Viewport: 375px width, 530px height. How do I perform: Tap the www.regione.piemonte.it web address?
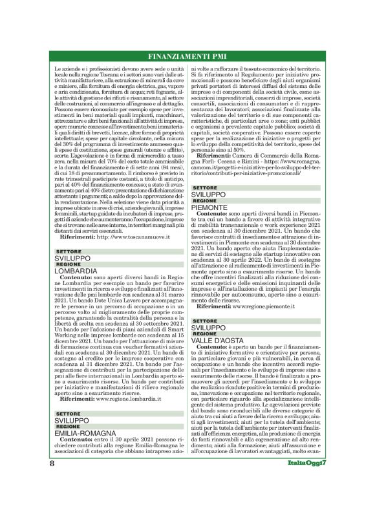click(x=260, y=304)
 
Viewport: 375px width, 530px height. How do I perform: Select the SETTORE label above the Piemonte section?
click(x=205, y=169)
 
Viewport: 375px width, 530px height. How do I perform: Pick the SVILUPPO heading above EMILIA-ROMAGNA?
click(x=73, y=420)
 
